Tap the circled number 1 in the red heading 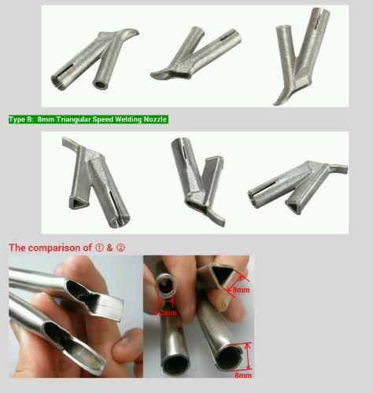tap(99, 248)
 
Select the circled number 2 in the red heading tap(120, 248)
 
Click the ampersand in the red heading tap(109, 248)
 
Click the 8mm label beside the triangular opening tap(241, 290)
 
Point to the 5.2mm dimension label tap(165, 313)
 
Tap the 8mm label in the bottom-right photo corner tap(242, 375)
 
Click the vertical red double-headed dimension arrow tap(248, 356)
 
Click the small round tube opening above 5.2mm tap(166, 285)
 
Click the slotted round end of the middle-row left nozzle tap(120, 222)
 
